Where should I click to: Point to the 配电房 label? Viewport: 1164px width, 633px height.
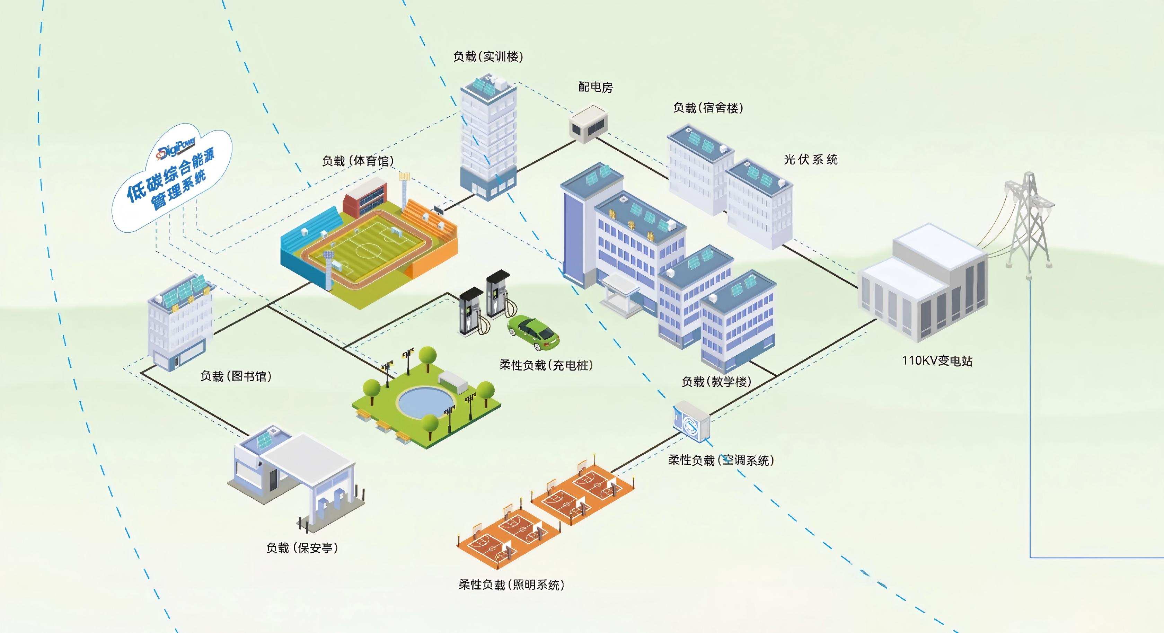(x=596, y=87)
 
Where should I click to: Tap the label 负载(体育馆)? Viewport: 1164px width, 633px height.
(x=358, y=161)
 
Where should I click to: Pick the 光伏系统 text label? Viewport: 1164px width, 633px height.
(x=811, y=160)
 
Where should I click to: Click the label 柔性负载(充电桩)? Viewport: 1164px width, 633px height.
(x=546, y=365)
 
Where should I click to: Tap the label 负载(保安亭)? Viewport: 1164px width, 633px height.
(x=302, y=548)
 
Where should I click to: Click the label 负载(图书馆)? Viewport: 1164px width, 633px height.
(x=236, y=376)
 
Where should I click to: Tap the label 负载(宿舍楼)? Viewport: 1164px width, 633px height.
(x=708, y=108)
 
